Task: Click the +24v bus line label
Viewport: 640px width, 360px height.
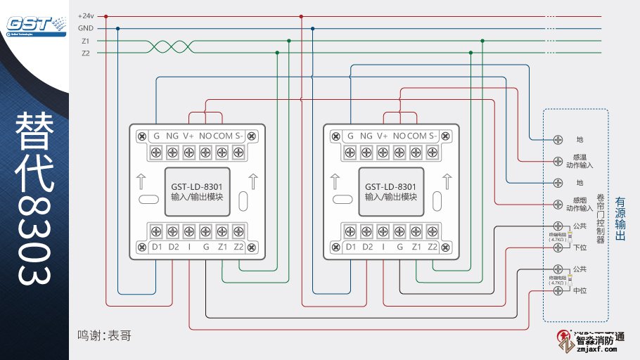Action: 87,15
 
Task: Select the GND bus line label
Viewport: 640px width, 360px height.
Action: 87,28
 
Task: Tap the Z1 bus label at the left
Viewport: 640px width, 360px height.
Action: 86,41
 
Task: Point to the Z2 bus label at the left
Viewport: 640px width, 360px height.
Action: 86,53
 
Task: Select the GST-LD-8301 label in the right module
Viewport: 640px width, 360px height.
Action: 391,186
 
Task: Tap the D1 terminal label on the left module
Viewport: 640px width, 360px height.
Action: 157,247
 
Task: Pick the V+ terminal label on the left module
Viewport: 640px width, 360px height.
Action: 188,136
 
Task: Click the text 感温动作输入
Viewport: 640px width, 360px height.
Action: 580,161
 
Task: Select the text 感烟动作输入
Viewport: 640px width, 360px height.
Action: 580,204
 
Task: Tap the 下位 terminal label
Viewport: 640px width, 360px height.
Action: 580,247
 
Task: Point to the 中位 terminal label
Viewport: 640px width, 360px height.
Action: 580,290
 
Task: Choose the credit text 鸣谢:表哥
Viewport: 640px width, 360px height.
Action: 104,337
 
